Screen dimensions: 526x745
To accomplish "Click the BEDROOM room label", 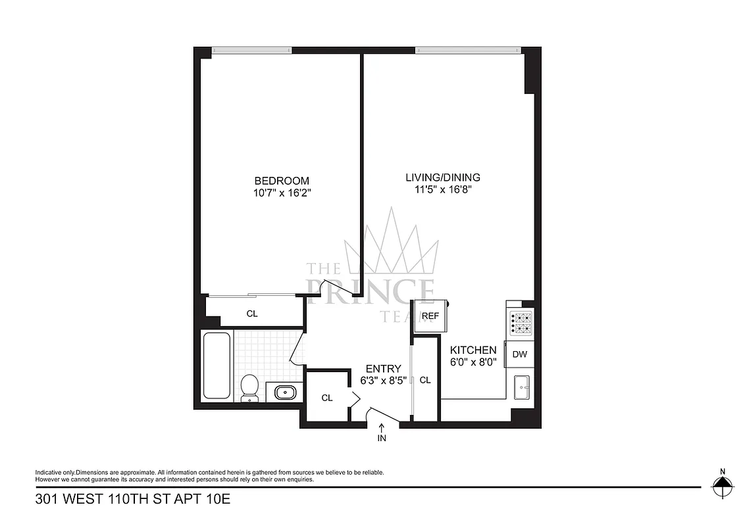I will pos(282,181).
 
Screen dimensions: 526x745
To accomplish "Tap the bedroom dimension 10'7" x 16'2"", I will pos(282,193).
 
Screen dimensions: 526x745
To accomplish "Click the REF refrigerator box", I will pos(430,316).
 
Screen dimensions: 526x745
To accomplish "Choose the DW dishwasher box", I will pos(520,354).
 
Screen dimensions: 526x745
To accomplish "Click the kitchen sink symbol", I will pos(522,387).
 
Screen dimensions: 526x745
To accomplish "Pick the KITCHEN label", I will pos(473,350).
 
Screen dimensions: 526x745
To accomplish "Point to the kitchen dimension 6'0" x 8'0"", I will pos(473,362).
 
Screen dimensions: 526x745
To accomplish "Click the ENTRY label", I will pos(384,368).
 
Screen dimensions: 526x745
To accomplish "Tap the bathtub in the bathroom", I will pos(217,366).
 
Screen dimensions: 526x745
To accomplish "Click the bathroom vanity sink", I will pos(284,393).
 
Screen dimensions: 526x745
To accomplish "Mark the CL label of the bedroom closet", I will pos(252,314).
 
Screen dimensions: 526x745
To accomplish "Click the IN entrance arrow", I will pos(382,434).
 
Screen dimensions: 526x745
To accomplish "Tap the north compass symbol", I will pos(722,487).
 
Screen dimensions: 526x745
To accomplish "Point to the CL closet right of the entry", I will pos(425,379).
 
